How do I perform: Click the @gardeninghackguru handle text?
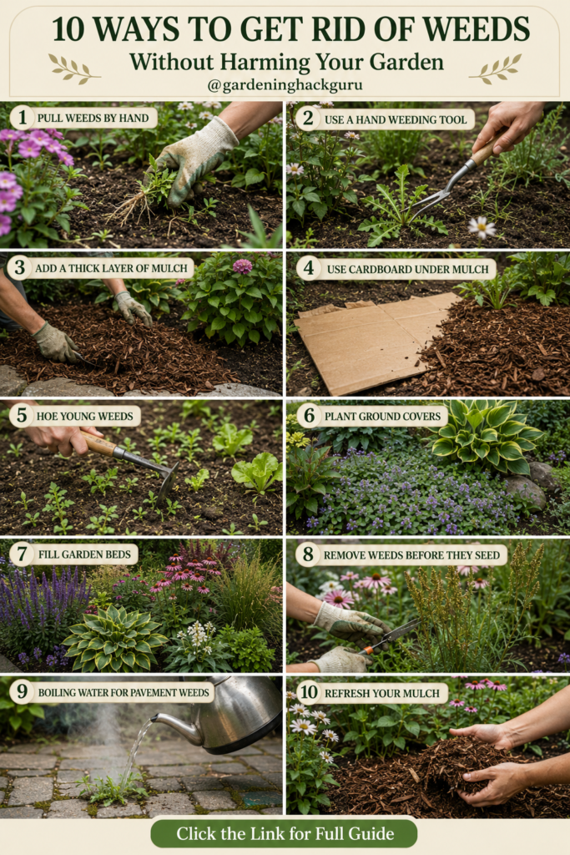point(285,85)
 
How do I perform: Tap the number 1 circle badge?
point(23,117)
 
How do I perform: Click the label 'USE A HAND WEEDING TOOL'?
point(396,119)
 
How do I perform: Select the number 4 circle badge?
point(309,268)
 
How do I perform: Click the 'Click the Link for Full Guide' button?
point(285,834)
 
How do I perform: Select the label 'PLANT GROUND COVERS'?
point(382,416)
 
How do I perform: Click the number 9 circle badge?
point(23,691)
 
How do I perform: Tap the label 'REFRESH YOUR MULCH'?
point(382,693)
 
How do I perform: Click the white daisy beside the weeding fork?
point(482,227)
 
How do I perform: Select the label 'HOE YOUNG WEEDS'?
point(84,416)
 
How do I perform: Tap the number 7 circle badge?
point(21,554)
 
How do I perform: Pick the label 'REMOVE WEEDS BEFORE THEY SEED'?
point(411,555)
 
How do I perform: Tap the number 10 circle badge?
point(309,692)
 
